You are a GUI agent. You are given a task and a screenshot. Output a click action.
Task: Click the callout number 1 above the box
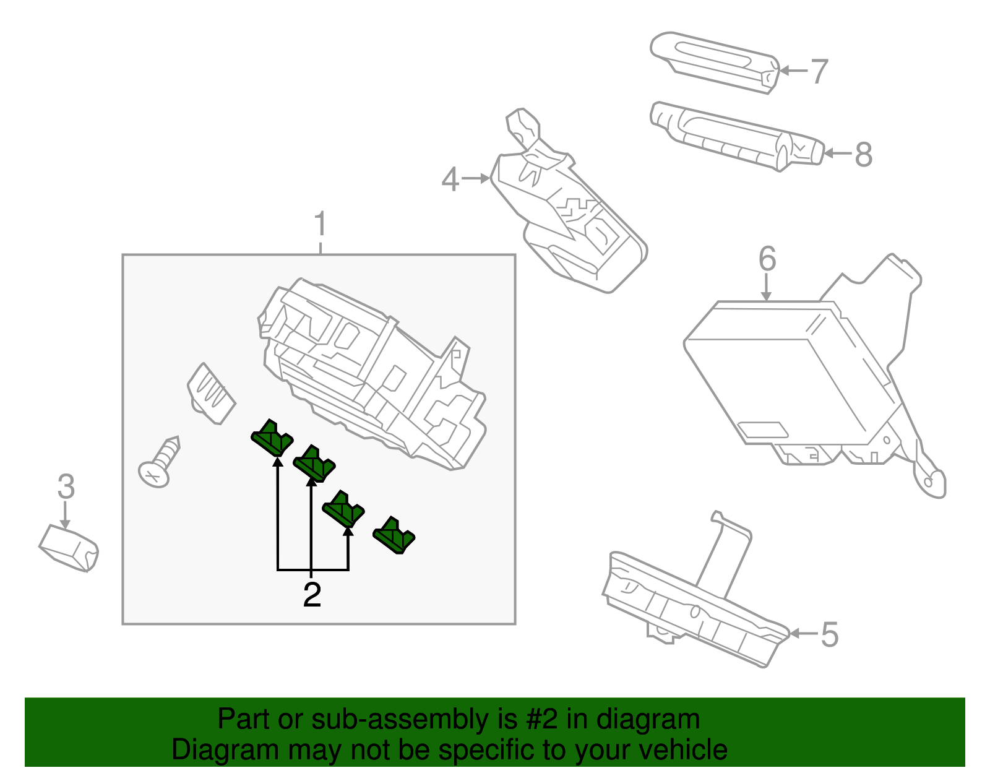[x=320, y=225]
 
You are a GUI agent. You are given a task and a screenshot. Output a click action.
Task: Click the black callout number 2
[x=312, y=595]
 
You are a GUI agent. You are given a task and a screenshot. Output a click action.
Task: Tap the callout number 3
[x=66, y=486]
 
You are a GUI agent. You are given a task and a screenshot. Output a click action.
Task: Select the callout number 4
[x=450, y=179]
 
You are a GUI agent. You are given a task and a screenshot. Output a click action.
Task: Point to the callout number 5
[x=830, y=634]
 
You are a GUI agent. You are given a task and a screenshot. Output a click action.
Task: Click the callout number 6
[x=767, y=259]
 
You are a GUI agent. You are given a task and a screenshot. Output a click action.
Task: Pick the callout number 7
[x=819, y=71]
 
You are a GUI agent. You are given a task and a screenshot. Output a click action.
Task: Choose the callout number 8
[x=864, y=154]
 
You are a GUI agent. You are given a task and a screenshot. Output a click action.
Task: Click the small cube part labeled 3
[x=69, y=548]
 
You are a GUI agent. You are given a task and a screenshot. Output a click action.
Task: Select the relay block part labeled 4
[x=569, y=217]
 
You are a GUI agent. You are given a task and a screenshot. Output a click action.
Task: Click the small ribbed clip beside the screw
[x=211, y=394]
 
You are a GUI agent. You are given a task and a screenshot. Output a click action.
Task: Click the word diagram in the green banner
[x=647, y=720]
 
